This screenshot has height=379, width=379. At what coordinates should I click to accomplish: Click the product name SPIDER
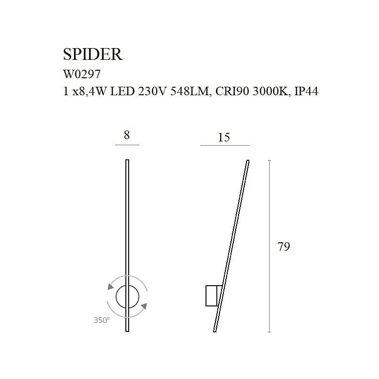(93, 54)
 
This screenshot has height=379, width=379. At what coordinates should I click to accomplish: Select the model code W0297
(82, 74)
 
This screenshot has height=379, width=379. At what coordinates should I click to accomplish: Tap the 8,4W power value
(89, 92)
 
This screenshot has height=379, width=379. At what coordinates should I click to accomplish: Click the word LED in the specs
(122, 91)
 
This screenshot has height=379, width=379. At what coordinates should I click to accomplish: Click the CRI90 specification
(232, 91)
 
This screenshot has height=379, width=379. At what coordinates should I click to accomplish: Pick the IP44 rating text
(306, 91)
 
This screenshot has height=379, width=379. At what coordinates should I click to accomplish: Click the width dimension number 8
(127, 135)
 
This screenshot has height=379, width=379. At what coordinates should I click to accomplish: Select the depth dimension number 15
(224, 137)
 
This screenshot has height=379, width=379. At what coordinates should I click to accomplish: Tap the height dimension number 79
(284, 247)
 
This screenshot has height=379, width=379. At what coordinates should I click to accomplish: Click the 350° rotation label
(102, 320)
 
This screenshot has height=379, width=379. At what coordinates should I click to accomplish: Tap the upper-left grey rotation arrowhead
(111, 287)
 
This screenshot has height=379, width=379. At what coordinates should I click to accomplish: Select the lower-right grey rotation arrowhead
(144, 306)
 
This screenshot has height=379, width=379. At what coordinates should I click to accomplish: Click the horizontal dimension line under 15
(225, 146)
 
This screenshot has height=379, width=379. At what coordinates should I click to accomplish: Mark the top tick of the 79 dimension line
(270, 160)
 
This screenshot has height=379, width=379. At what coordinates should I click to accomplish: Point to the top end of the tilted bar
(248, 160)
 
